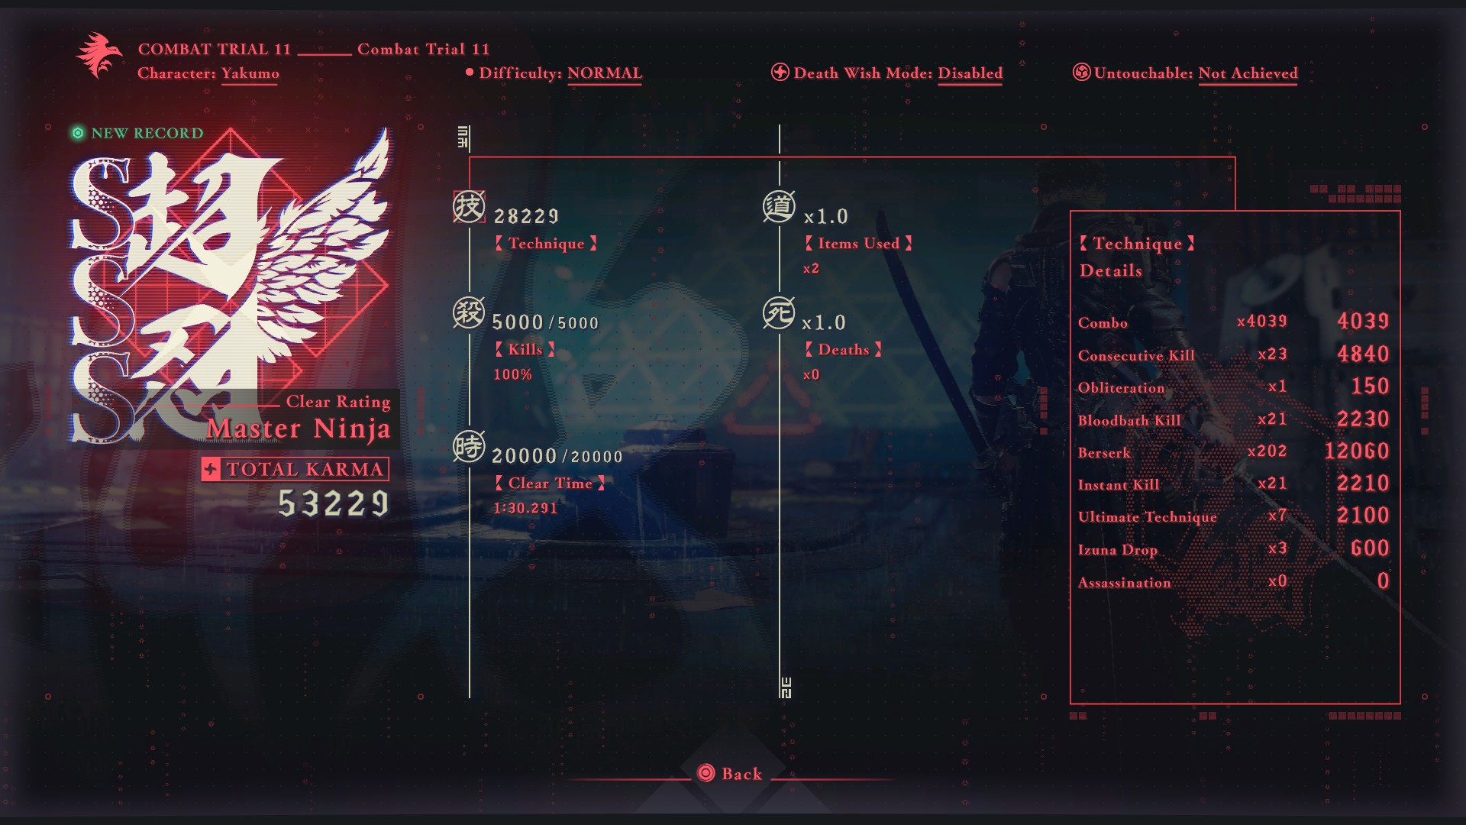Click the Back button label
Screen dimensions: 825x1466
click(741, 774)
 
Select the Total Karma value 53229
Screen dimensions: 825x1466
click(334, 503)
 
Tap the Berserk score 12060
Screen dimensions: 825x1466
click(1356, 451)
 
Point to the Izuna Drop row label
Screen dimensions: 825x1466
click(1117, 550)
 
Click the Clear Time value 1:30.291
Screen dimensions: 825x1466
click(525, 508)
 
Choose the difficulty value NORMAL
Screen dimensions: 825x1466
click(604, 73)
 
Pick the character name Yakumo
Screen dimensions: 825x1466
click(250, 73)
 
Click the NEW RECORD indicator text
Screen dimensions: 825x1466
click(147, 133)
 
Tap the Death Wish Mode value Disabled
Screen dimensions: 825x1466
click(970, 73)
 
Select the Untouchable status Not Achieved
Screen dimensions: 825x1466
click(1248, 73)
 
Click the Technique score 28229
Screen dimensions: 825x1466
click(526, 217)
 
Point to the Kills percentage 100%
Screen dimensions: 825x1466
click(512, 374)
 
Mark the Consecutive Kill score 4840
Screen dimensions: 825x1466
click(1363, 354)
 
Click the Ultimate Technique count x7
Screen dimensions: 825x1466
click(1277, 516)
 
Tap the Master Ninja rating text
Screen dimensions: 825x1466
click(299, 429)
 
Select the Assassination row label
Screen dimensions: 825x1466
click(1124, 583)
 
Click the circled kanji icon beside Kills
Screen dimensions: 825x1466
click(469, 313)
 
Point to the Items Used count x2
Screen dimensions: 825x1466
click(811, 268)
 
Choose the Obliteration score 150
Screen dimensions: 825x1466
click(1370, 387)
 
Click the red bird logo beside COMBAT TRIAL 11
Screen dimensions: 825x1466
click(98, 54)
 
